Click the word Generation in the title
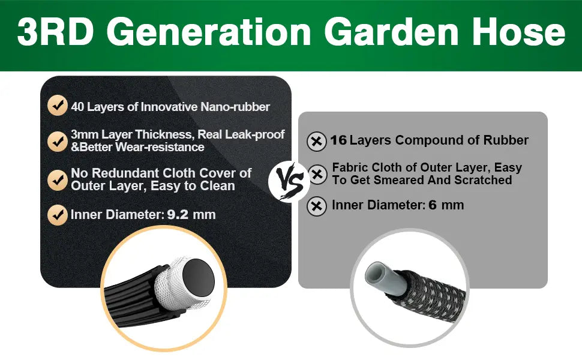pos(211,32)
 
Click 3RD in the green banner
pos(55,32)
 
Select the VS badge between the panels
pos(289,181)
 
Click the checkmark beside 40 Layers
pos(58,106)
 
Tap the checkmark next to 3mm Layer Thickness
pos(58,141)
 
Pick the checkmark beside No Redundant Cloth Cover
pos(58,180)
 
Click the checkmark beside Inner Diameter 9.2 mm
pos(58,215)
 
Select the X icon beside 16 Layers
pos(317,142)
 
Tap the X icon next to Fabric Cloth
pos(317,174)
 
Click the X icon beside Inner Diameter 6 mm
pos(317,206)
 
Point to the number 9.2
pos(178,215)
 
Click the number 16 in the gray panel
pos(338,140)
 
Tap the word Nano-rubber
pos(235,107)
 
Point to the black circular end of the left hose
pos(199,278)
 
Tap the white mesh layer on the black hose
pos(171,282)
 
